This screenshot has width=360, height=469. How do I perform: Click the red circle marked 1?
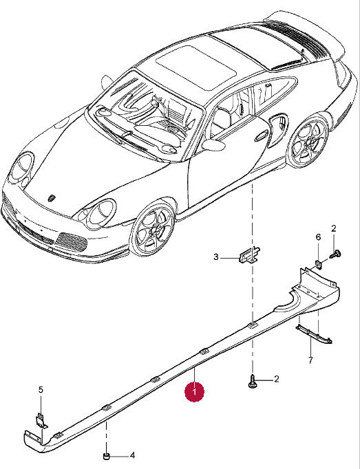[194, 391]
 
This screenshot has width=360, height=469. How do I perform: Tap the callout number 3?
[216, 257]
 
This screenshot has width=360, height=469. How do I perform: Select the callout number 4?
[132, 455]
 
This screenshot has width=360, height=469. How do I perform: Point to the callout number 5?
[41, 390]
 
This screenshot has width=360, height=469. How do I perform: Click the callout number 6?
[318, 237]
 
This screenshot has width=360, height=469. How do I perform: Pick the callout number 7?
[310, 360]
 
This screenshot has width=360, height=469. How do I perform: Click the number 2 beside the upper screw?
[334, 229]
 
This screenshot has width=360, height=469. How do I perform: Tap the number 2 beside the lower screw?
[277, 380]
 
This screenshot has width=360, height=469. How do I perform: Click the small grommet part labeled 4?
[105, 457]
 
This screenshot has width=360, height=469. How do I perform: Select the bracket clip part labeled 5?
[41, 421]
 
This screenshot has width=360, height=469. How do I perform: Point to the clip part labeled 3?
[249, 254]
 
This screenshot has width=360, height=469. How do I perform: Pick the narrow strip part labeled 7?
[314, 335]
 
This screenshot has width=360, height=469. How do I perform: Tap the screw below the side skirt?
[253, 382]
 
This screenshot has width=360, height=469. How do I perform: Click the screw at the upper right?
[336, 254]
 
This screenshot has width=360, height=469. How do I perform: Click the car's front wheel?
[153, 230]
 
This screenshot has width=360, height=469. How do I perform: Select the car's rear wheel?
[309, 141]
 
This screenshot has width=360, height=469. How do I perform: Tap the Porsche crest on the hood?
[52, 198]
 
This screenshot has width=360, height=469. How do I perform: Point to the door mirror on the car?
[213, 145]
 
